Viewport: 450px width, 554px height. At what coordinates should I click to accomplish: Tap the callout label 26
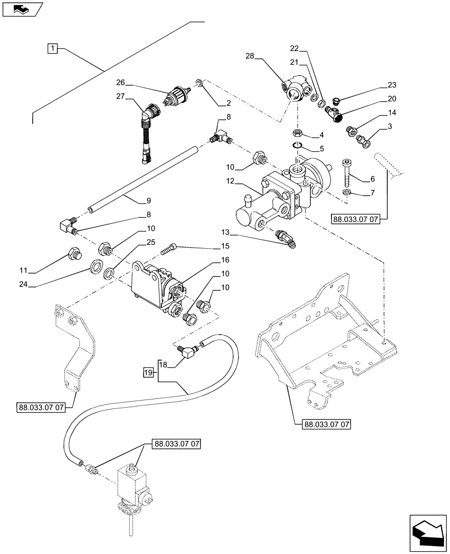point(121,83)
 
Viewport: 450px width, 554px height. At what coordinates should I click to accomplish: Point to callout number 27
point(121,98)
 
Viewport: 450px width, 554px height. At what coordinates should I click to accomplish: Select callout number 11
point(23,271)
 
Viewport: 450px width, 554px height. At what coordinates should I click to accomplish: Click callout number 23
point(392,85)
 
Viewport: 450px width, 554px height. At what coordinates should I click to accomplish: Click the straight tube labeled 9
point(144,178)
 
